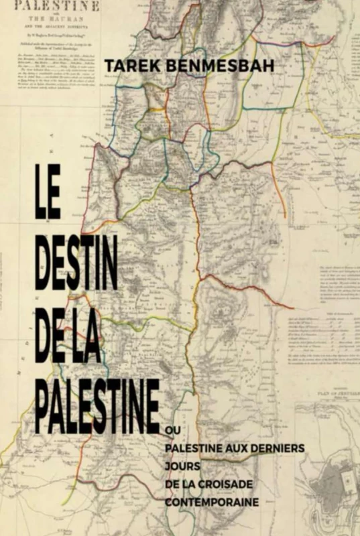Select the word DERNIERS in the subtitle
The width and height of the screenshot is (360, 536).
click(276, 447)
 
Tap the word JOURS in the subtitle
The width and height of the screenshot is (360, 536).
click(181, 464)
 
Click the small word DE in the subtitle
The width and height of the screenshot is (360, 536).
click(171, 482)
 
